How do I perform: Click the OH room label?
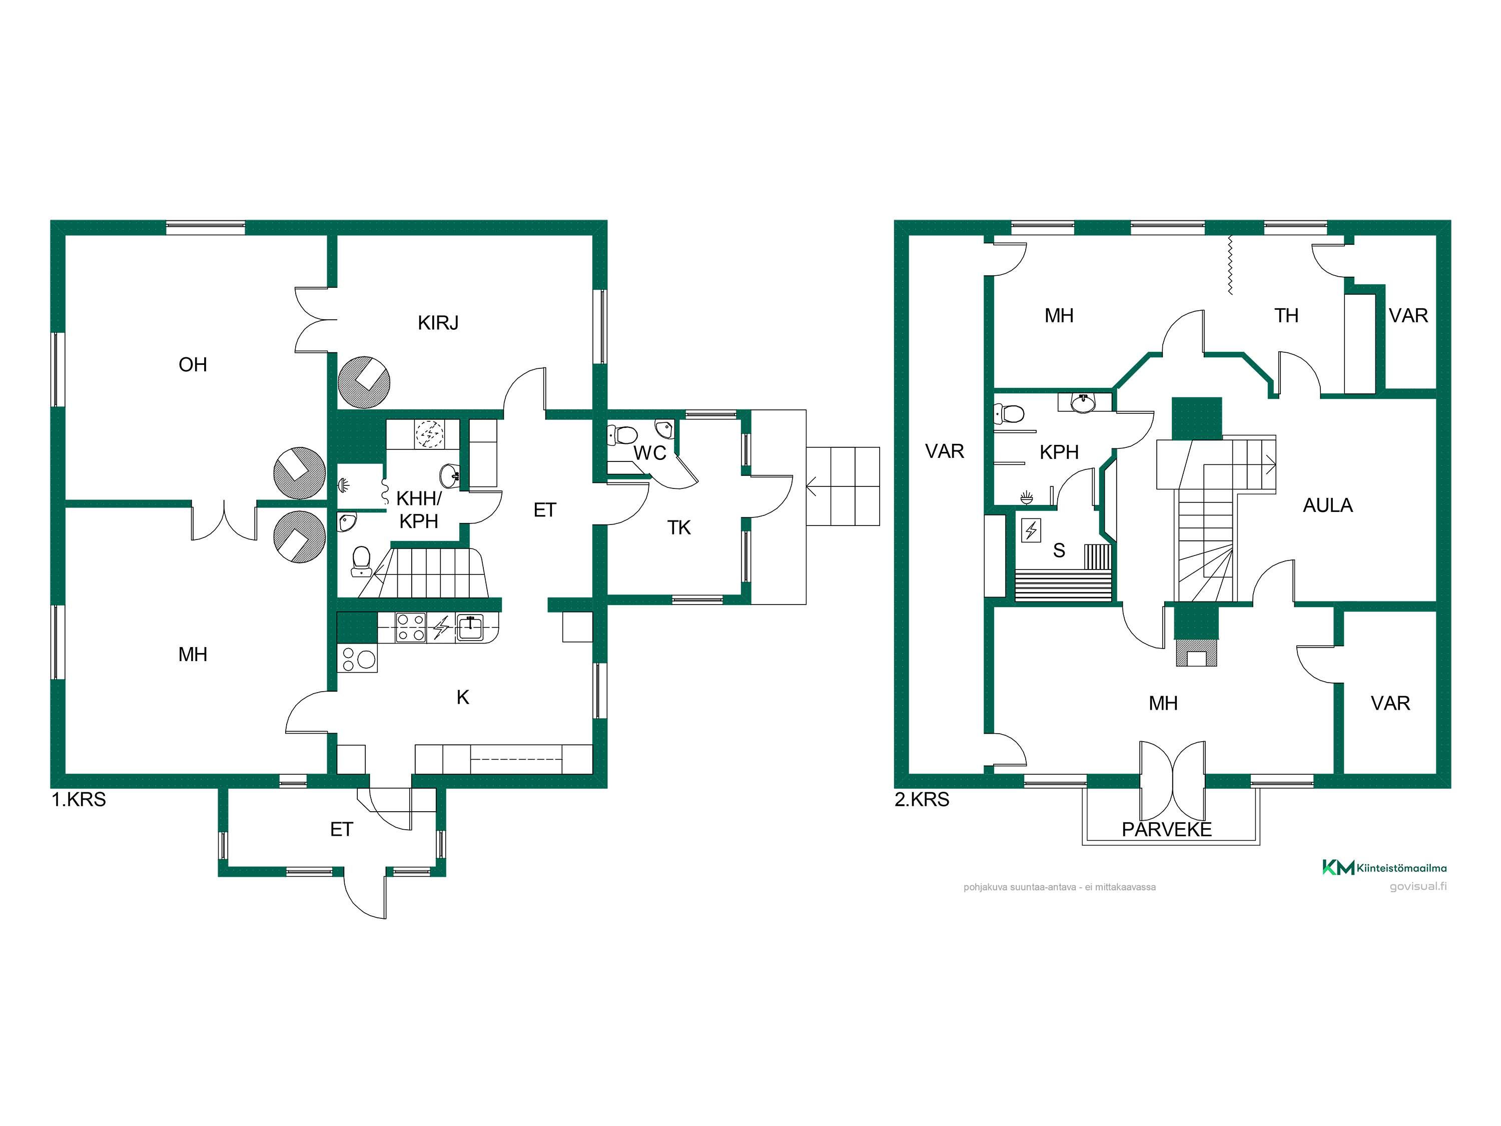[x=193, y=364]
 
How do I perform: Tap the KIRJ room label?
[x=438, y=322]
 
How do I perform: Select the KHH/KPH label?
[x=419, y=510]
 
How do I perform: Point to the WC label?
[x=649, y=453]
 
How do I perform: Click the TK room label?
[x=678, y=527]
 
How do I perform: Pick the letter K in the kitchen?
[x=463, y=697]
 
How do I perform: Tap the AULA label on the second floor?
[x=1327, y=505]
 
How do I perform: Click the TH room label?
[x=1286, y=316]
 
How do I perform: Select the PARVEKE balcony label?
[x=1166, y=829]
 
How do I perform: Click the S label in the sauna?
[x=1059, y=550]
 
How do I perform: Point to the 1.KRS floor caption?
[x=79, y=800]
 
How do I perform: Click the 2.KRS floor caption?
[x=922, y=800]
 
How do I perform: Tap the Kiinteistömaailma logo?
[x=1384, y=867]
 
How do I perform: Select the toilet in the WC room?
[x=622, y=435]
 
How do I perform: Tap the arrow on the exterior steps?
[x=811, y=486]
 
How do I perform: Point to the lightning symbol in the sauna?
[x=1031, y=530]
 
